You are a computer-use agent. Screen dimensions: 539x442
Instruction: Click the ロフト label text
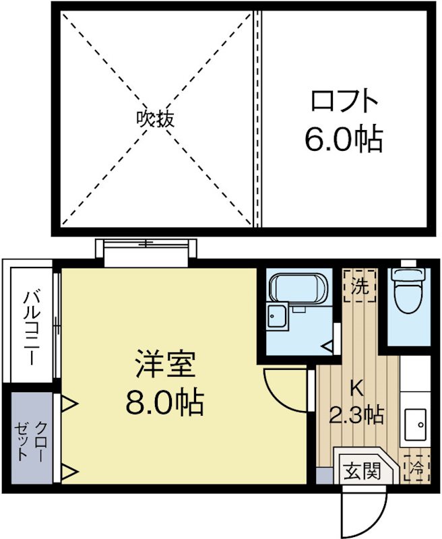[x=344, y=102]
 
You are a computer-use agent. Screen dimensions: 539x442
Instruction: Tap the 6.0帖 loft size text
[x=344, y=139]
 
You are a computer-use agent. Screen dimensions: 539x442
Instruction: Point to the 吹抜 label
[x=156, y=119]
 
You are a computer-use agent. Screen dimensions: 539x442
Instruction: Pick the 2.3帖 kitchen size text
[x=356, y=414]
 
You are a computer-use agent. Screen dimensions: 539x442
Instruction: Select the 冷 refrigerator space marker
[x=416, y=466]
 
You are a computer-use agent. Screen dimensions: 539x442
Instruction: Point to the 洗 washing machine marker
[x=360, y=287]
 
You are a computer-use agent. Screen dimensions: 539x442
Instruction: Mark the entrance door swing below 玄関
[x=364, y=512]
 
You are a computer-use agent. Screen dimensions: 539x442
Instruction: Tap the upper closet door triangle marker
[x=69, y=404]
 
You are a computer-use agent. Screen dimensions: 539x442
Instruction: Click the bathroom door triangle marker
[x=326, y=346]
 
